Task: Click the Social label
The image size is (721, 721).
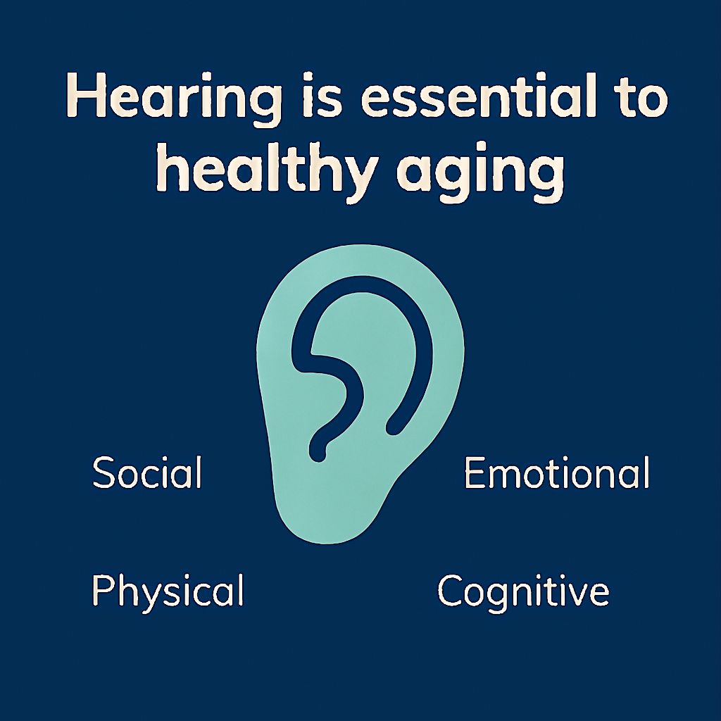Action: point(147,472)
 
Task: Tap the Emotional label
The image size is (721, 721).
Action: point(556,472)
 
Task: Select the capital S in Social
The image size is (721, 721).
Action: point(104,472)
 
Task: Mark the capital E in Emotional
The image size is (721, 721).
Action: point(475,472)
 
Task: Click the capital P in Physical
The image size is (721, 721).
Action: point(103,590)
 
